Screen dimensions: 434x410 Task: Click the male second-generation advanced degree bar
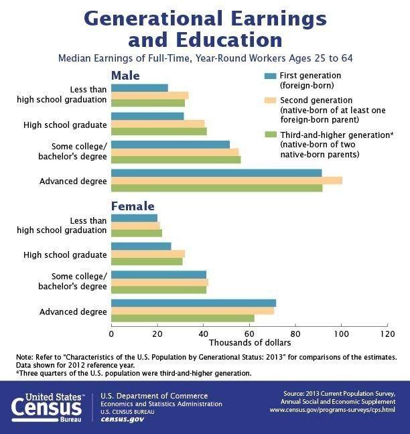tap(226, 181)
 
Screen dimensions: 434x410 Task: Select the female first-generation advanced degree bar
tap(193, 303)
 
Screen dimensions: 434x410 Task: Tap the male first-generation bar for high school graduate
tap(147, 116)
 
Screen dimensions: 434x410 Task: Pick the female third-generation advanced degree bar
tap(182, 318)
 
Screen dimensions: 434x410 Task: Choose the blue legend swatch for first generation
tap(271, 76)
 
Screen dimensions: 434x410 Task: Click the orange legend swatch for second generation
tap(271, 100)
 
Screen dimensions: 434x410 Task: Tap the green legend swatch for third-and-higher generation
tap(271, 134)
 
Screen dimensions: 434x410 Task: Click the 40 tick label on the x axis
tap(203, 333)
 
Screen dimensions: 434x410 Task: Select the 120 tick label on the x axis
tap(387, 333)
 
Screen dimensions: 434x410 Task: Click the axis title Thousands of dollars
tap(249, 344)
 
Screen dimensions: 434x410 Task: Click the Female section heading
tap(133, 206)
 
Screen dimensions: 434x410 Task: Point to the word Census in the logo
tap(46, 406)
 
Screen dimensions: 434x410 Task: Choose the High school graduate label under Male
tap(74, 124)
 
